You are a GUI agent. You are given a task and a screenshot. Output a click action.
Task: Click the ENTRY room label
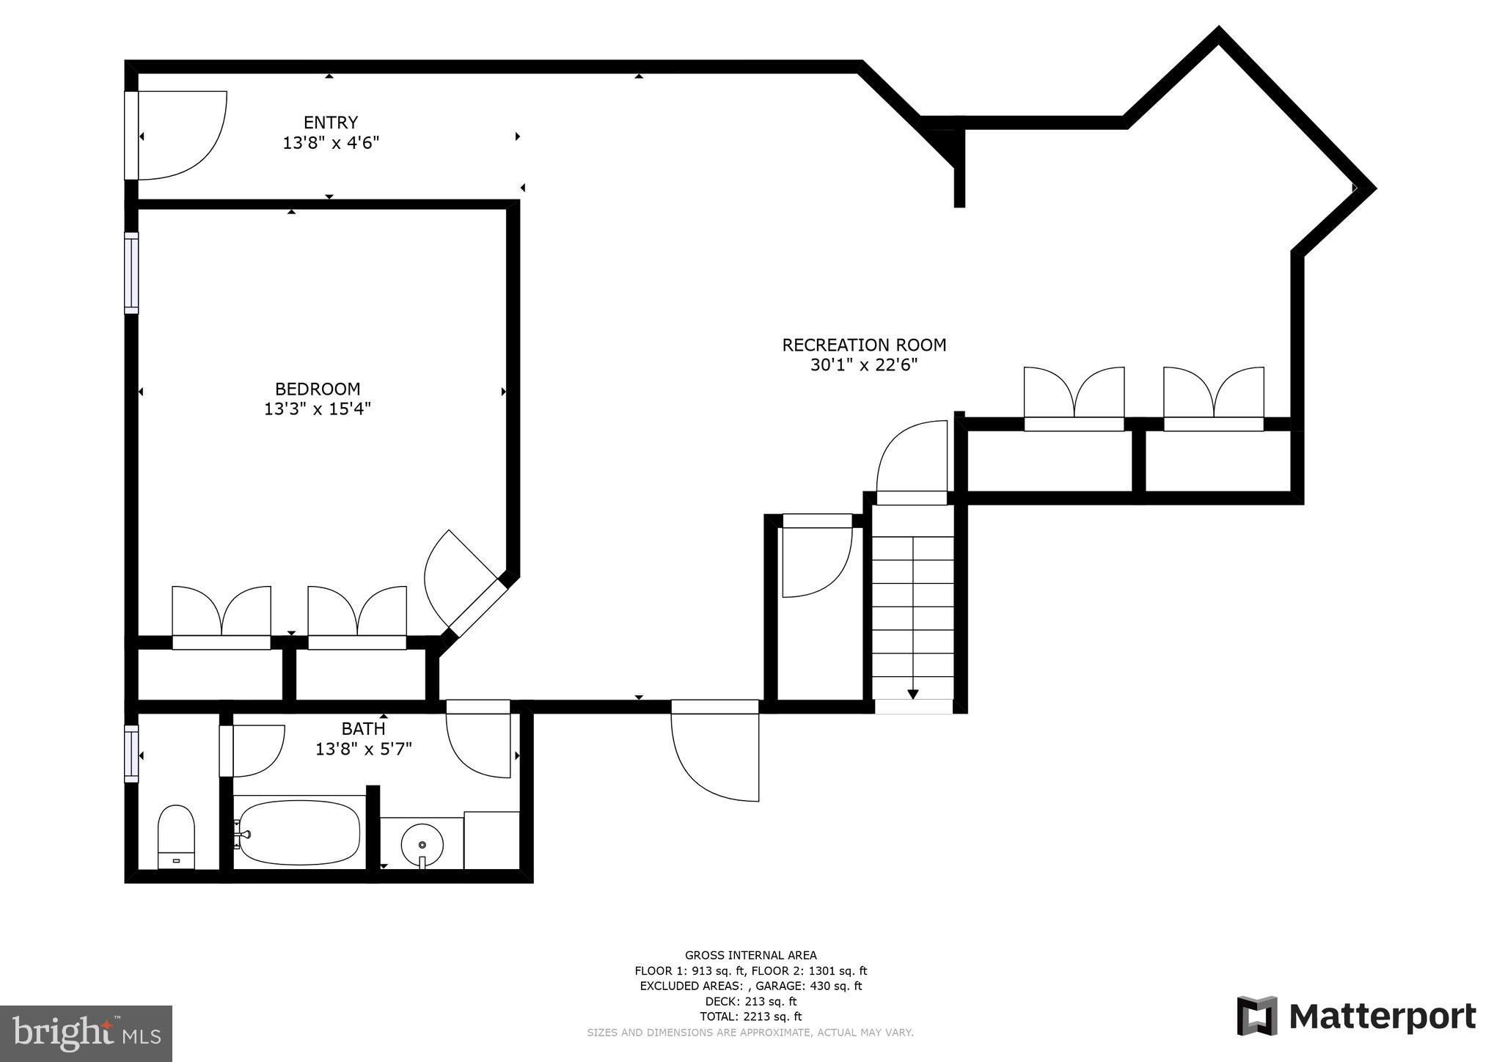click(331, 122)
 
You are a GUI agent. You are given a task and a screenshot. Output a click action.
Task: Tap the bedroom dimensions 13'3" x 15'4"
click(318, 409)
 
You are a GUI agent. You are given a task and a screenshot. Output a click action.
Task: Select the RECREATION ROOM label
click(864, 345)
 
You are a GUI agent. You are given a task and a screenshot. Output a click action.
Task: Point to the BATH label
click(363, 728)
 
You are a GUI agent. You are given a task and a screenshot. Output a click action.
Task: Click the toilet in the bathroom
click(176, 837)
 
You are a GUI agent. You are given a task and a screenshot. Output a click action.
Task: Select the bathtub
click(299, 832)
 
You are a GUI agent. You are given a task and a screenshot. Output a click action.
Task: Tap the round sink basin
click(422, 844)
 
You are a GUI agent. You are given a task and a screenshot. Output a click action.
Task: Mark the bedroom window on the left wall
click(131, 273)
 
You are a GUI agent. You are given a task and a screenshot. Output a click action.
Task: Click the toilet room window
click(131, 753)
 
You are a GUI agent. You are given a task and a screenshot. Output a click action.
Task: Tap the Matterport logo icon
click(1256, 1016)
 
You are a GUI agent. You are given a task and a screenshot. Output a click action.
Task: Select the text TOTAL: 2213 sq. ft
click(750, 1017)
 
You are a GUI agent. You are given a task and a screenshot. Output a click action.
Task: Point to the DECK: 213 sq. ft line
click(750, 1001)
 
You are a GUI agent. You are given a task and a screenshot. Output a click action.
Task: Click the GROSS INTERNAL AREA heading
click(750, 955)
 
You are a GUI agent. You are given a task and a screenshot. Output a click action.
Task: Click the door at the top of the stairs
click(912, 462)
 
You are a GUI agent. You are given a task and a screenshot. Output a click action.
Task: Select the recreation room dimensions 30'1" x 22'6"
click(864, 365)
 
